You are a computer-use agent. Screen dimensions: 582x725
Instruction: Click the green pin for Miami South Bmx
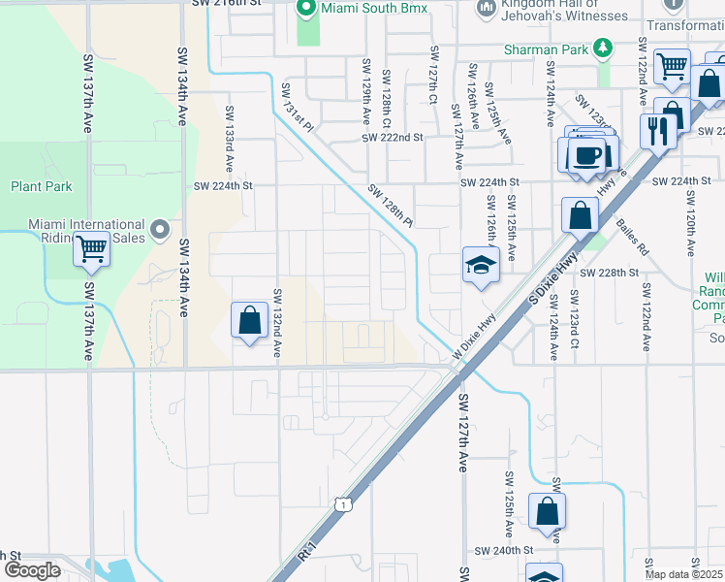[x=306, y=10]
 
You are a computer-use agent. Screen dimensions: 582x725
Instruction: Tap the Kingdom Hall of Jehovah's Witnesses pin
[x=486, y=10]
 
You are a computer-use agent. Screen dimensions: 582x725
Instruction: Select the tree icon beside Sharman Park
[x=603, y=48]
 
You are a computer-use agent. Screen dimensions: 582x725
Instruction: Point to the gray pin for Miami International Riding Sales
[x=159, y=231]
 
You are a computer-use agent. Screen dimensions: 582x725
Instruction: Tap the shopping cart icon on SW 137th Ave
[x=91, y=248]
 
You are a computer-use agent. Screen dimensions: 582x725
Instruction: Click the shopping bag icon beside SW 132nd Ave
[x=250, y=319]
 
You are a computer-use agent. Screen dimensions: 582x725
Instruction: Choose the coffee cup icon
[x=588, y=155]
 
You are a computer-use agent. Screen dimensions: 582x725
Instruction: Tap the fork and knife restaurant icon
[x=658, y=130]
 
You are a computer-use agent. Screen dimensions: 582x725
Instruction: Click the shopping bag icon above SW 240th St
[x=548, y=511]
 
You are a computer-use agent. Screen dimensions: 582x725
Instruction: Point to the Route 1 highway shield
[x=342, y=504]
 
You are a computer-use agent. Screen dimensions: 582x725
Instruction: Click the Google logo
[x=31, y=570]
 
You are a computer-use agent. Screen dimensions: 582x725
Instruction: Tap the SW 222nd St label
[x=394, y=138]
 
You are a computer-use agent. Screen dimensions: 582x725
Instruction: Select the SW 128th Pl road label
[x=391, y=206]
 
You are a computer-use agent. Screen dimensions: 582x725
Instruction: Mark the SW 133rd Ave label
[x=230, y=135]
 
